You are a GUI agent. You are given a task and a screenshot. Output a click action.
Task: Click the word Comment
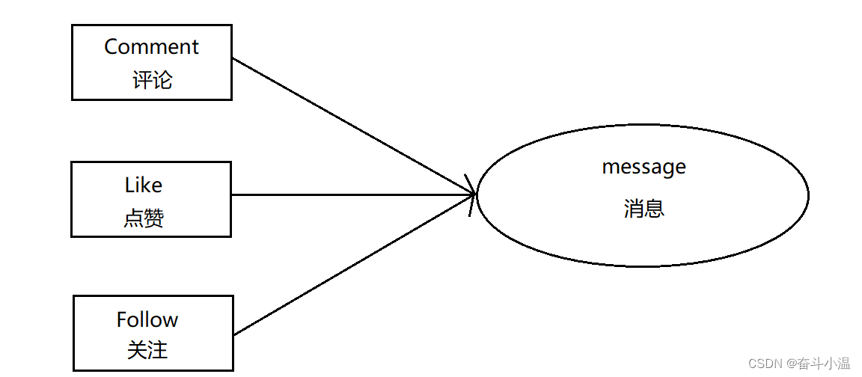(x=151, y=46)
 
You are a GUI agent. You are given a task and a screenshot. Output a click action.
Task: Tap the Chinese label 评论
(x=152, y=80)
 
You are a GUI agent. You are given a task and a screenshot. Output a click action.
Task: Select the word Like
(x=144, y=185)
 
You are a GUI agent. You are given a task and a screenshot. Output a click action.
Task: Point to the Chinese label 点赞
(x=144, y=218)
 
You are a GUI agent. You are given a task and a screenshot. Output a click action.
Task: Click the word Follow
(x=147, y=319)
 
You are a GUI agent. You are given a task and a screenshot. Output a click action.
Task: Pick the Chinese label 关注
(x=147, y=349)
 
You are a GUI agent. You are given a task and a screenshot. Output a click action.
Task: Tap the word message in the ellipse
(x=644, y=167)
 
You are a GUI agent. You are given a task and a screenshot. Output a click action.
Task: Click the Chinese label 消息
(x=644, y=208)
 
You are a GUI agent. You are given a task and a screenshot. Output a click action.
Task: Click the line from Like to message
(x=352, y=195)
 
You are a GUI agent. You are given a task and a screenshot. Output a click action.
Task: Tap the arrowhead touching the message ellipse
(x=471, y=195)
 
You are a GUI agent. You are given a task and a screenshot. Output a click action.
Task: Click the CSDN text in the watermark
(x=764, y=364)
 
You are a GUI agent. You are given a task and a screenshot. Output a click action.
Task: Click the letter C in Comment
(x=111, y=46)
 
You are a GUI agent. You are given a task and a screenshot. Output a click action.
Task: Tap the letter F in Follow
(x=122, y=319)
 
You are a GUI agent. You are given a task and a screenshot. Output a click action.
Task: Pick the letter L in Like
(x=129, y=185)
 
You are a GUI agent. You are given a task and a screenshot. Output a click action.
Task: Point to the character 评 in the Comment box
(x=142, y=80)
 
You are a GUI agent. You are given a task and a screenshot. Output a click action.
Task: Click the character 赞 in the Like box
(x=154, y=218)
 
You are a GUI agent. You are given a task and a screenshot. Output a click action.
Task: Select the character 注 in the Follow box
(x=158, y=349)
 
